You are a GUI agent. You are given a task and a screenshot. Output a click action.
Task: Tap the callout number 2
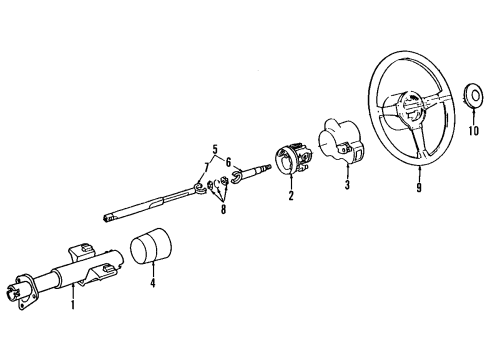coord(291,197)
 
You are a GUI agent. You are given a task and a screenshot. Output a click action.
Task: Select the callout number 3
coord(347,187)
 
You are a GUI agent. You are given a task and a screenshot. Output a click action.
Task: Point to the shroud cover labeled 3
coord(337,148)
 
